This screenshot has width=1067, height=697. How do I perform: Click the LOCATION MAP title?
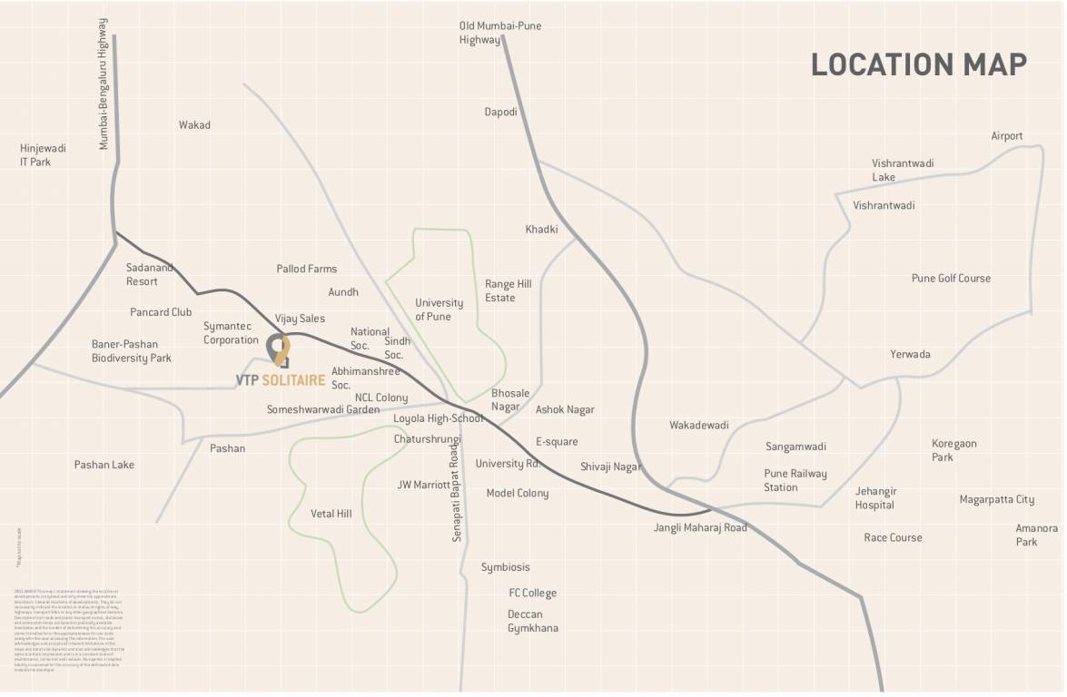pyautogui.click(x=918, y=64)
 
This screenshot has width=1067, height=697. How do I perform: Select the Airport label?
pyautogui.click(x=1006, y=136)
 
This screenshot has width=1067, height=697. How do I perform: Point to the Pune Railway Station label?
pyautogui.click(x=795, y=480)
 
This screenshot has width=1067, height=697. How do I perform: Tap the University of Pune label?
pyautogui.click(x=439, y=309)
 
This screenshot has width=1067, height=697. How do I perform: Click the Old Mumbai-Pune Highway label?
pyautogui.click(x=499, y=33)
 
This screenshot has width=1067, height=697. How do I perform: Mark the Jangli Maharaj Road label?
pyautogui.click(x=700, y=527)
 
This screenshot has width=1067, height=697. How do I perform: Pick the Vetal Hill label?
pyautogui.click(x=331, y=514)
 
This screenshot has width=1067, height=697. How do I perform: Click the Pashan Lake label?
pyautogui.click(x=104, y=465)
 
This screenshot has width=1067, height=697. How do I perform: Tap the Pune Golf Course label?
pyautogui.click(x=951, y=279)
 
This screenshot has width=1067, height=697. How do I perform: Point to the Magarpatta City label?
pyautogui.click(x=996, y=499)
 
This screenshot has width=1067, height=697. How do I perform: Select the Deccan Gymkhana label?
pyautogui.click(x=532, y=621)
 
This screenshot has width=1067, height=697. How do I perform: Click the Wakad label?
pyautogui.click(x=194, y=125)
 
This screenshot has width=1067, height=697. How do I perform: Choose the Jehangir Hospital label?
pyautogui.click(x=875, y=498)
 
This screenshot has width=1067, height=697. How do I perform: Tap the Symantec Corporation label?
pyautogui.click(x=231, y=333)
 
